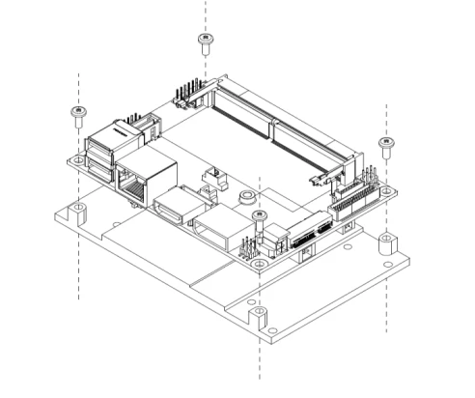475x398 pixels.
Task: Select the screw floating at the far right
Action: point(386,146)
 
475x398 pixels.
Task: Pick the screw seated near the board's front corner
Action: point(258,217)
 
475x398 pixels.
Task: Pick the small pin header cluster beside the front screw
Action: point(248,243)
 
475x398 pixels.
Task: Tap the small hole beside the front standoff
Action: point(273,330)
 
